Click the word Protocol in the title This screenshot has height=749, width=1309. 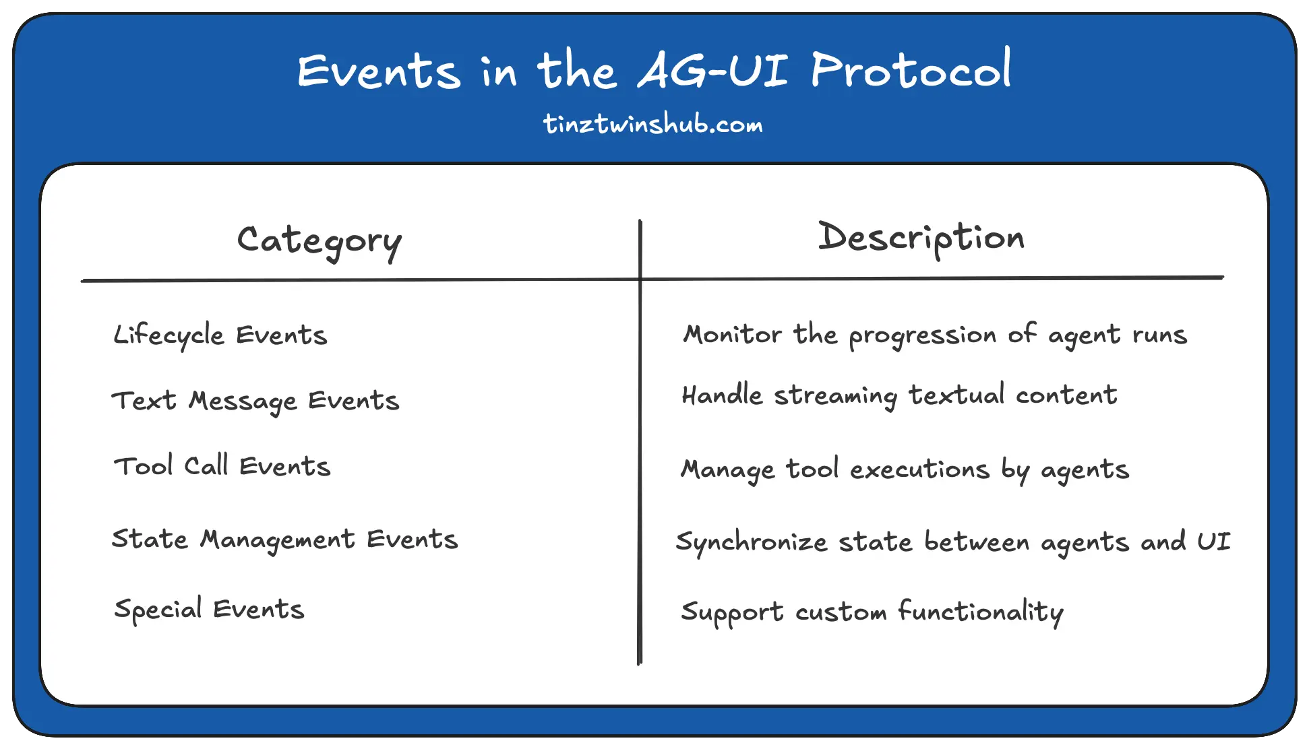coord(911,71)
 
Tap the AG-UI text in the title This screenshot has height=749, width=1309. coord(712,71)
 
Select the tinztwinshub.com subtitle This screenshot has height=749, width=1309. coord(653,125)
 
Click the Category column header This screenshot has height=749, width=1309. coord(319,241)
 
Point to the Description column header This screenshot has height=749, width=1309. coord(921,238)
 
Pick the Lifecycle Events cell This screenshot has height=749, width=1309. coord(220,335)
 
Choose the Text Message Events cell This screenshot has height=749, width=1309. coord(255,401)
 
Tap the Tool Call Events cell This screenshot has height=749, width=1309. coord(222,466)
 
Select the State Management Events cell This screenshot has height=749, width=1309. coord(284,540)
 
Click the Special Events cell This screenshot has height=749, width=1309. coord(209,610)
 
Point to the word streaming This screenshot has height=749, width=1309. coord(835,395)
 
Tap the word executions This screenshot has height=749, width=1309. coord(919,469)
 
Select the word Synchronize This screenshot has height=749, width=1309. coord(751,542)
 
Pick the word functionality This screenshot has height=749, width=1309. coord(980,612)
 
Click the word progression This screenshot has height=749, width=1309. coord(922,335)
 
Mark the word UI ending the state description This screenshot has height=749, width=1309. coord(1213,542)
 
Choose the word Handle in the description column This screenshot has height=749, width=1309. coord(722,395)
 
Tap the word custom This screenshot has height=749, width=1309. coord(841,612)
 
